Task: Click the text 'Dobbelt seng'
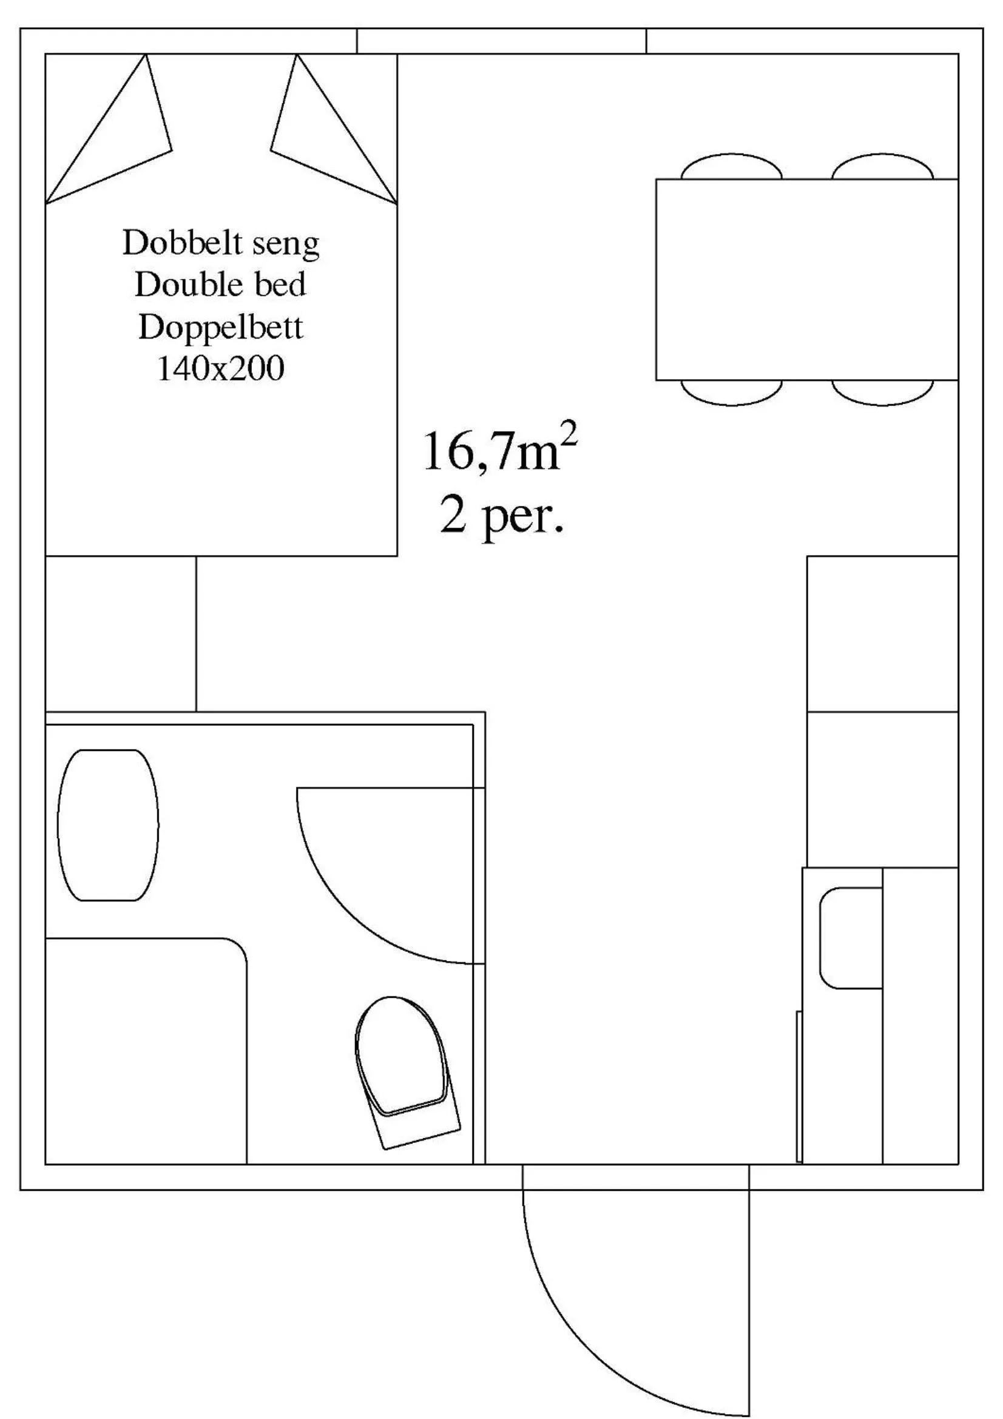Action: tap(221, 243)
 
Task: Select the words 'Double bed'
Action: tap(221, 285)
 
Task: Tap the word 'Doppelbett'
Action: tap(221, 327)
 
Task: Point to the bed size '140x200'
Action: tap(221, 369)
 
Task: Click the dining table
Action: tap(806, 279)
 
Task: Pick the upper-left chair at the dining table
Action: tap(731, 168)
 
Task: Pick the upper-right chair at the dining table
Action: tap(882, 168)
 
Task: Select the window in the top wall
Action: tap(501, 41)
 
